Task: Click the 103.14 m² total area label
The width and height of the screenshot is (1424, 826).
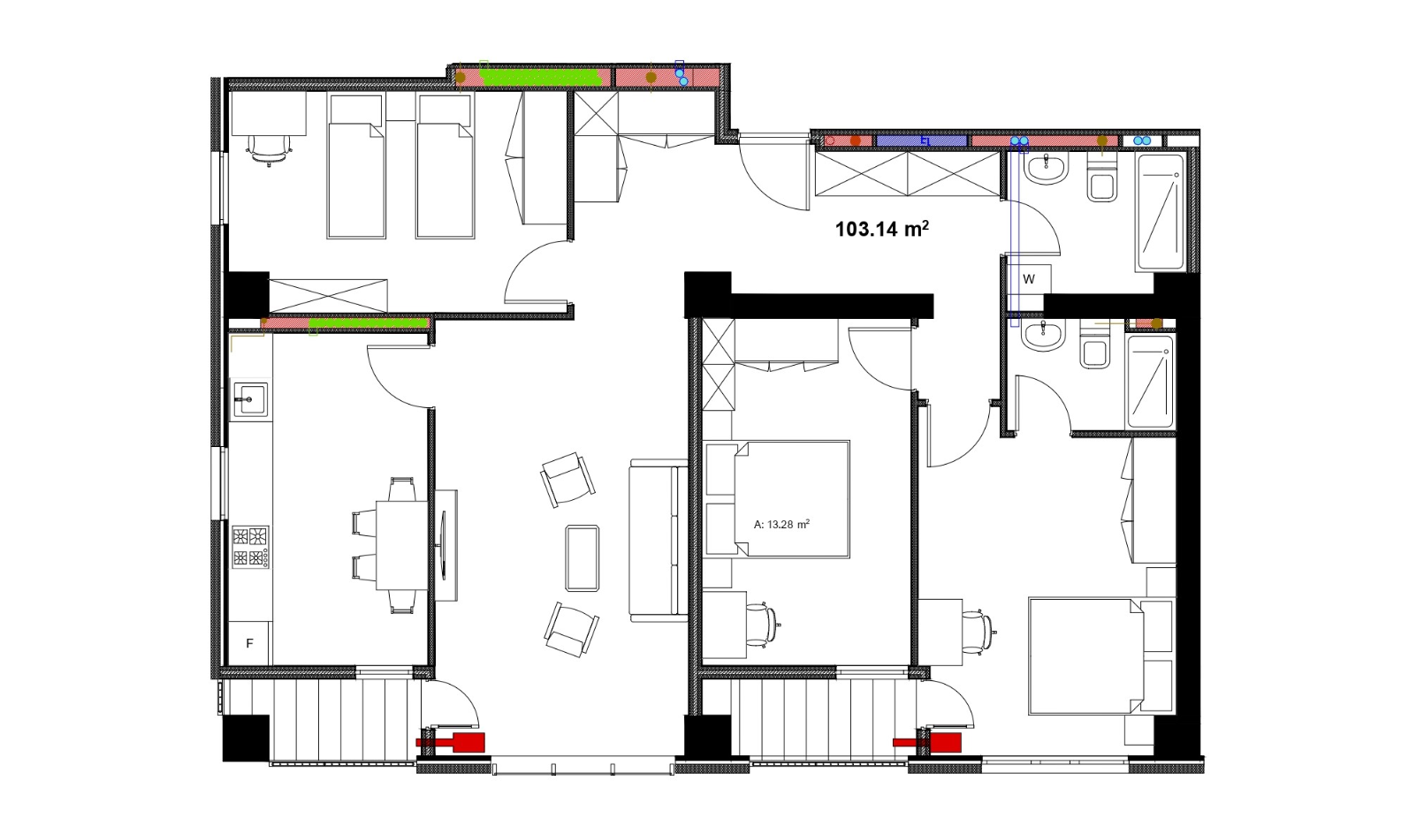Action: [882, 228]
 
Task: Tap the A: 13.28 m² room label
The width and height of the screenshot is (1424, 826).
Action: [781, 524]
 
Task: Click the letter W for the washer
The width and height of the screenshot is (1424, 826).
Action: [1029, 279]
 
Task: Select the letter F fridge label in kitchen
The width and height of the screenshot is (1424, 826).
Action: [250, 643]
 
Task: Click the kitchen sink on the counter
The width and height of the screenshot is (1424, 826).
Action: [250, 399]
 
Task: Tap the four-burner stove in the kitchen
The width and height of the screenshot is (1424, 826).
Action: [250, 547]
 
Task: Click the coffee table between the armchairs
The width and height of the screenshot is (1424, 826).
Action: [583, 557]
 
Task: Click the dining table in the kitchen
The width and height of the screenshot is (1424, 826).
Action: [402, 545]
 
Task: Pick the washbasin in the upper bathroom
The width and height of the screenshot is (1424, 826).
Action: [1046, 169]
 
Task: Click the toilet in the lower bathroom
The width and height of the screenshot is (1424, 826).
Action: [1094, 347]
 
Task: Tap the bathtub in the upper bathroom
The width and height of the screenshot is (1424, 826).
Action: [1161, 212]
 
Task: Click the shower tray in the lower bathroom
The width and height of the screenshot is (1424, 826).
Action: [1150, 382]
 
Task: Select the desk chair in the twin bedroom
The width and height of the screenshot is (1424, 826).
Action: [270, 150]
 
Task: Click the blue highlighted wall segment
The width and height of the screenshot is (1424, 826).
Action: [922, 140]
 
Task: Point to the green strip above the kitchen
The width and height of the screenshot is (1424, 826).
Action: [368, 323]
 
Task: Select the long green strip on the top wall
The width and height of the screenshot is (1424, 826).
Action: [540, 78]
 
